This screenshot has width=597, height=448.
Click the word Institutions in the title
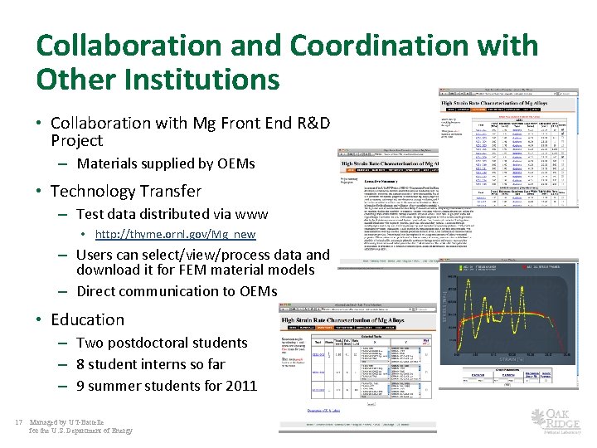[x=197, y=80]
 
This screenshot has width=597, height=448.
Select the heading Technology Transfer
[x=125, y=191]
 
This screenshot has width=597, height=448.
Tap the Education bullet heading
[x=87, y=319]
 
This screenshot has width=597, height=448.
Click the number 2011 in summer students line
[x=240, y=385]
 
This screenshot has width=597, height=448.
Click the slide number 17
[x=18, y=422]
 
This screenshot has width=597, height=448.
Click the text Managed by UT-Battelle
[x=67, y=422]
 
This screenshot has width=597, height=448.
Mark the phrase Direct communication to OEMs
[x=176, y=290]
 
